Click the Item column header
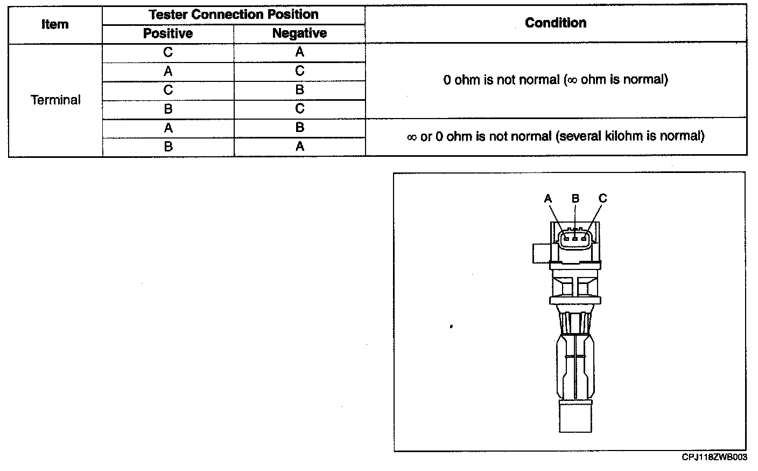(55, 25)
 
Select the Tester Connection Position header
(233, 15)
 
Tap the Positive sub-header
(168, 33)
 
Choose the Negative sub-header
(299, 33)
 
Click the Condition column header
(556, 23)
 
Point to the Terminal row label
(55, 100)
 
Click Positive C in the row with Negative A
(168, 52)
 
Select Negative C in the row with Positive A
(299, 71)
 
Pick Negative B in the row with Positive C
(299, 90)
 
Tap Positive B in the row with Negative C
(168, 109)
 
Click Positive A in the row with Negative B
(168, 128)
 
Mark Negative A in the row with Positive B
(299, 147)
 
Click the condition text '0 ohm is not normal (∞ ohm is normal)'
(556, 80)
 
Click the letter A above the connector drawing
(548, 199)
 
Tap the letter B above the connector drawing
(575, 198)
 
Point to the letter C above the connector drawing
(602, 198)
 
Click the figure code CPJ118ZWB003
(714, 457)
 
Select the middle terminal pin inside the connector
(575, 238)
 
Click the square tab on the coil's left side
(541, 253)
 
